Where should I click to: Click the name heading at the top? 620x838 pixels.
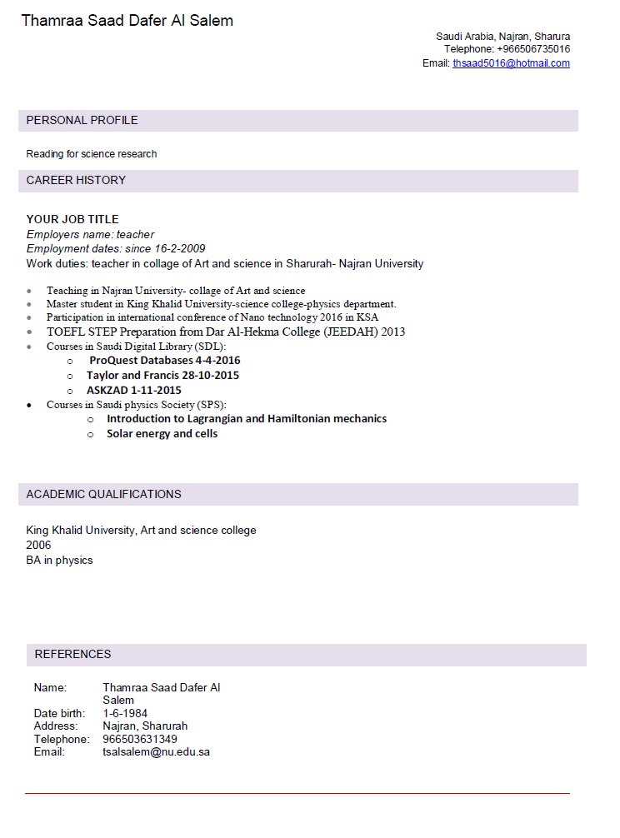[127, 21]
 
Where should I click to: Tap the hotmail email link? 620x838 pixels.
[511, 63]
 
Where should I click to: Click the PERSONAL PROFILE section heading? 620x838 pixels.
[82, 120]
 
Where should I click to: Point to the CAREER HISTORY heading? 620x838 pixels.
[76, 180]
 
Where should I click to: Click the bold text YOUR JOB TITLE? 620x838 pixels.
[72, 219]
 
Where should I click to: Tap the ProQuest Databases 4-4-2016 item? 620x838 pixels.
[164, 361]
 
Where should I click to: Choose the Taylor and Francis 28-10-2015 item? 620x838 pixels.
[162, 376]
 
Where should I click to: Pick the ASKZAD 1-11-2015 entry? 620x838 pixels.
[133, 391]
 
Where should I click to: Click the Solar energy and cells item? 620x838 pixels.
[162, 434]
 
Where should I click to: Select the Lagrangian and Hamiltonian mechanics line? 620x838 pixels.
[246, 419]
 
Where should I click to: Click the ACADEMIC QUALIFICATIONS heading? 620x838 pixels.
[103, 494]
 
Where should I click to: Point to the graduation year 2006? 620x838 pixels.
[38, 545]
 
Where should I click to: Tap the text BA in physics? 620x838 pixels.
[59, 560]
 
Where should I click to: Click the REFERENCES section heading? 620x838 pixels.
[72, 654]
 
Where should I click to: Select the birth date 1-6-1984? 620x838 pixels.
[125, 713]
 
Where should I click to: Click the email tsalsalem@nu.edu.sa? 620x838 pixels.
[156, 751]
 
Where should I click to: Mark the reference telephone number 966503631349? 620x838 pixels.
[140, 739]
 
